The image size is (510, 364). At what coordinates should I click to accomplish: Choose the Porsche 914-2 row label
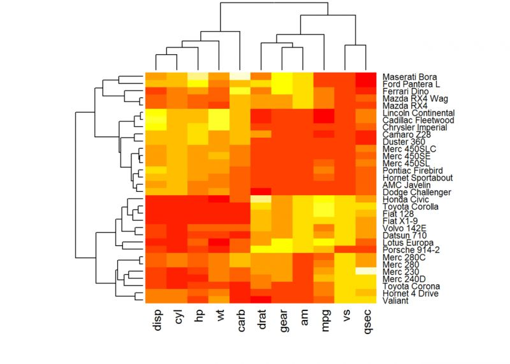click(x=408, y=249)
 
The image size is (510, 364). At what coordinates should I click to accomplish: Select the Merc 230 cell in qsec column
click(x=366, y=271)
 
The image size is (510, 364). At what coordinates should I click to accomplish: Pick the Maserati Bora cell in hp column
click(x=199, y=76)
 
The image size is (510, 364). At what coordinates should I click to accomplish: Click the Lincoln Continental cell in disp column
click(x=157, y=112)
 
